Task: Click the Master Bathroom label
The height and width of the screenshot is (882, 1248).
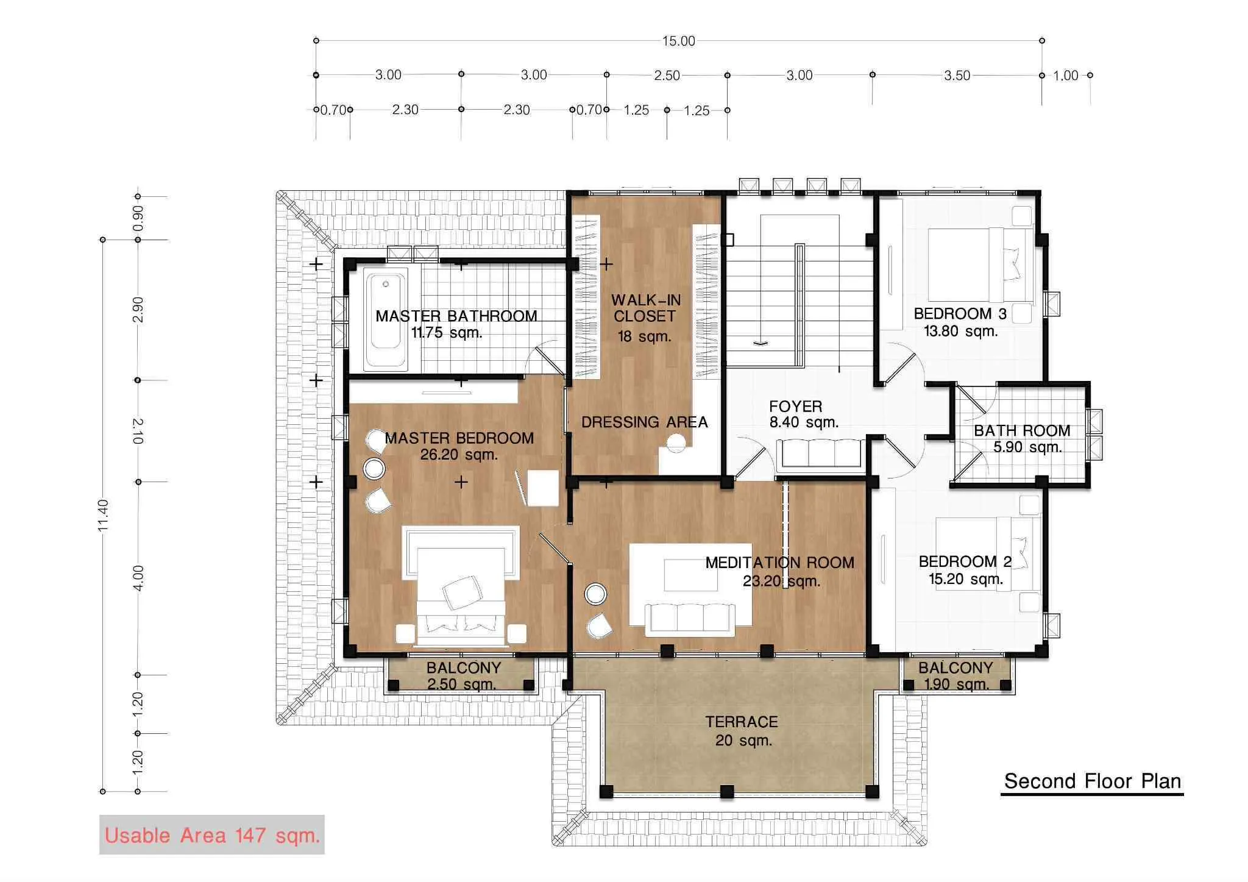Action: (x=456, y=324)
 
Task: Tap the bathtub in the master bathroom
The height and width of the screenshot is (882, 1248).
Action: (x=386, y=321)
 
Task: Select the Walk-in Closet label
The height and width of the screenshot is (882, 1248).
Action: (x=645, y=318)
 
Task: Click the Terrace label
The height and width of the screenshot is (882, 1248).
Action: (x=742, y=731)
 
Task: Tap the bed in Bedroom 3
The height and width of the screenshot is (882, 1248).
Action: (x=981, y=266)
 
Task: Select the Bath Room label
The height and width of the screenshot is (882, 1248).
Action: (x=1023, y=439)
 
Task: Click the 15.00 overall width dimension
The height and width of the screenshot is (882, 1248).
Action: (x=678, y=41)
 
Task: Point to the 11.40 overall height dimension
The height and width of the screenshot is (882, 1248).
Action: (x=103, y=515)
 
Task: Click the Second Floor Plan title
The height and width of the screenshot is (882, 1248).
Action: (x=1093, y=781)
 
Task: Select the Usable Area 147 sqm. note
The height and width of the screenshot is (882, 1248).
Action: (x=212, y=834)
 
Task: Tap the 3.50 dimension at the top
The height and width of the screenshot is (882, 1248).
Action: (x=957, y=76)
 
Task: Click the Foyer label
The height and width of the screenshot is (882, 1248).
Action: (x=803, y=414)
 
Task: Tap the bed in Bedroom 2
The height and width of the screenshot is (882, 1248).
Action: (x=987, y=554)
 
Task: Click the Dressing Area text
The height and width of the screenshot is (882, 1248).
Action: (x=644, y=422)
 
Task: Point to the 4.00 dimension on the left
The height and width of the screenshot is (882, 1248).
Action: (x=138, y=577)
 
